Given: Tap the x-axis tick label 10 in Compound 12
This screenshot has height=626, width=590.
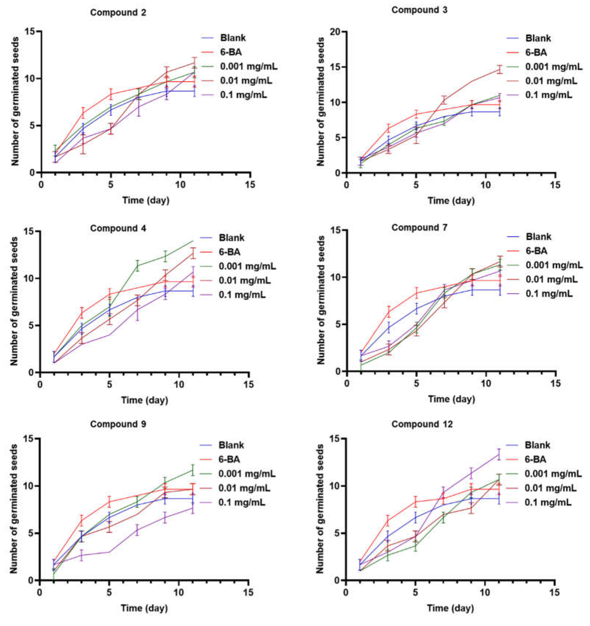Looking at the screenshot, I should (x=486, y=593).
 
